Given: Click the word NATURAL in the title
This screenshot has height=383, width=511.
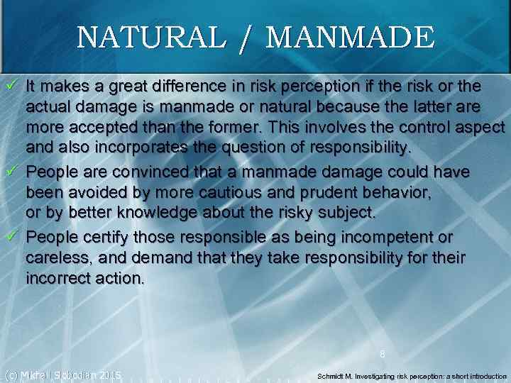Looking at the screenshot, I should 148,38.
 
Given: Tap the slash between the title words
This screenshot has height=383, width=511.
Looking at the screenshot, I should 245,39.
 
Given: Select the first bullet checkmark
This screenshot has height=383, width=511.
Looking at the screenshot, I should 11,87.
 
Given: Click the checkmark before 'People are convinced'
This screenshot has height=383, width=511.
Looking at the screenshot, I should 11,172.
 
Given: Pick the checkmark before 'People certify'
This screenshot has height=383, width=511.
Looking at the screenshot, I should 11,236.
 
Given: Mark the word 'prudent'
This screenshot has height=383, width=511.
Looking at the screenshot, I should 303,194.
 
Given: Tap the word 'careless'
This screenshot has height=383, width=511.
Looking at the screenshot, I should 55,257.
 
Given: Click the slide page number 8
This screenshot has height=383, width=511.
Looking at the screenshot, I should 382,353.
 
